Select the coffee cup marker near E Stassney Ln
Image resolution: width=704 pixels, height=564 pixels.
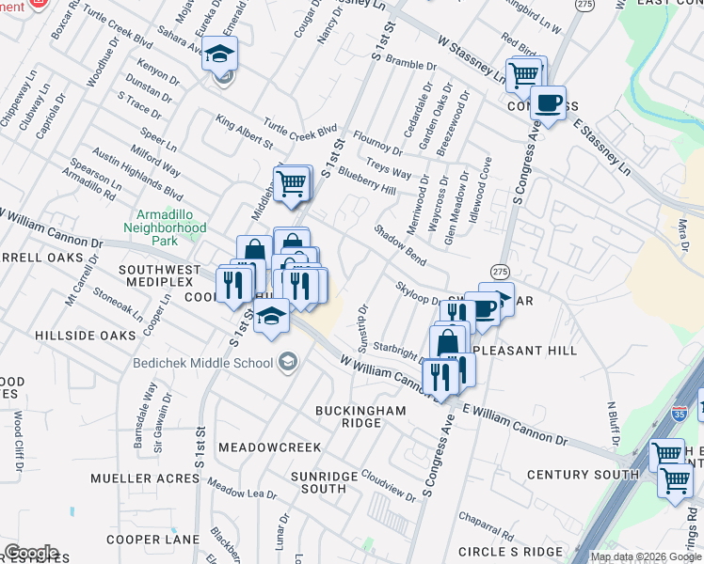click(x=548, y=102)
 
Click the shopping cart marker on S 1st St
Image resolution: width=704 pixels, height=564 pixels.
click(x=293, y=182)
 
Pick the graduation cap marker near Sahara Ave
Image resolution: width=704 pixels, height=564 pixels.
click(x=219, y=55)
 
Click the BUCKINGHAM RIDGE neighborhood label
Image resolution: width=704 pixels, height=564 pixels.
click(x=360, y=416)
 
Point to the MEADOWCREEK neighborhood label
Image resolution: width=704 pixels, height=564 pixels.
click(x=270, y=447)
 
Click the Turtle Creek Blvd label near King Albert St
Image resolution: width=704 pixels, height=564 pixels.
click(x=299, y=129)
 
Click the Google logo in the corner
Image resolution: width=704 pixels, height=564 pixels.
click(x=30, y=553)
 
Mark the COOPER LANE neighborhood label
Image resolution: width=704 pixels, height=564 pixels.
click(x=152, y=540)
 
